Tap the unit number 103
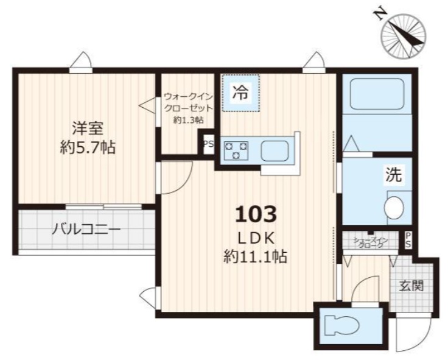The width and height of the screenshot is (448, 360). (x=256, y=214)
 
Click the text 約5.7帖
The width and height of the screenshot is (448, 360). (x=88, y=147)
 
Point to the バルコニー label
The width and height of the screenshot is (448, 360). (x=85, y=230)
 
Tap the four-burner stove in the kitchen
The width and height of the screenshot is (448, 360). (x=236, y=150)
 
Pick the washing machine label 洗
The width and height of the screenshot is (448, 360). (x=393, y=175)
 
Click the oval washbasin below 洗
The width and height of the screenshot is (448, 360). (x=394, y=206)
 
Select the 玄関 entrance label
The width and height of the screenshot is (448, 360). (x=412, y=285)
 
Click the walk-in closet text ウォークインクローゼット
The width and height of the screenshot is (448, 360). (x=188, y=102)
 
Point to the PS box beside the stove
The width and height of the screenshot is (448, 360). (x=208, y=144)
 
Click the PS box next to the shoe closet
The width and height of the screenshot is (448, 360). (x=408, y=239)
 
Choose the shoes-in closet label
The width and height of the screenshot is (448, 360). (x=370, y=242)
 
